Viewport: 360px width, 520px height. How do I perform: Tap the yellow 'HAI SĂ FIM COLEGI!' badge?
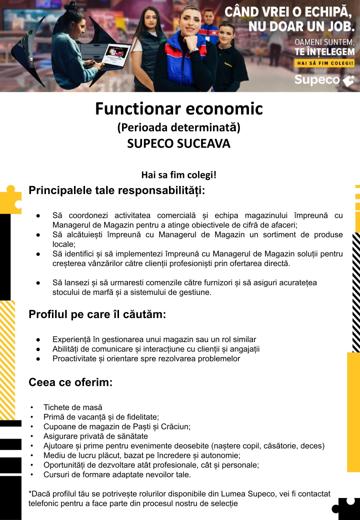pyautogui.click(x=325, y=63)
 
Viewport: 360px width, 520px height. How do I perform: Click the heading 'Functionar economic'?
pyautogui.click(x=179, y=108)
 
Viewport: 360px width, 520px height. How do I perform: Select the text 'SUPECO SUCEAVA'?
pyautogui.click(x=178, y=143)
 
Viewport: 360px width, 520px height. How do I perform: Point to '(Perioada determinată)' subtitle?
pyautogui.click(x=178, y=127)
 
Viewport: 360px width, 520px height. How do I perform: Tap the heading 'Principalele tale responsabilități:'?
pyautogui.click(x=116, y=190)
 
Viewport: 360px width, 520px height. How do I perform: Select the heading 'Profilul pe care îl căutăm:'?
pyautogui.click(x=97, y=314)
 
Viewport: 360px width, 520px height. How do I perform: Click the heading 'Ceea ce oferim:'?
pyautogui.click(x=70, y=382)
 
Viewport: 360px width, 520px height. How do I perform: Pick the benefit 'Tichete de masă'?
pyautogui.click(x=72, y=407)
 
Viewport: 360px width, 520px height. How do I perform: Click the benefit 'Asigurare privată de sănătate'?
pyautogui.click(x=95, y=436)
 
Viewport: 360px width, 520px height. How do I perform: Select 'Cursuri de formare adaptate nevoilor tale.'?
pyautogui.click(x=117, y=474)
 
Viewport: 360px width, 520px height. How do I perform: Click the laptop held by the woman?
pyautogui.click(x=115, y=55)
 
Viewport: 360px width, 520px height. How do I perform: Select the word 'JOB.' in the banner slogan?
pyautogui.click(x=336, y=26)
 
